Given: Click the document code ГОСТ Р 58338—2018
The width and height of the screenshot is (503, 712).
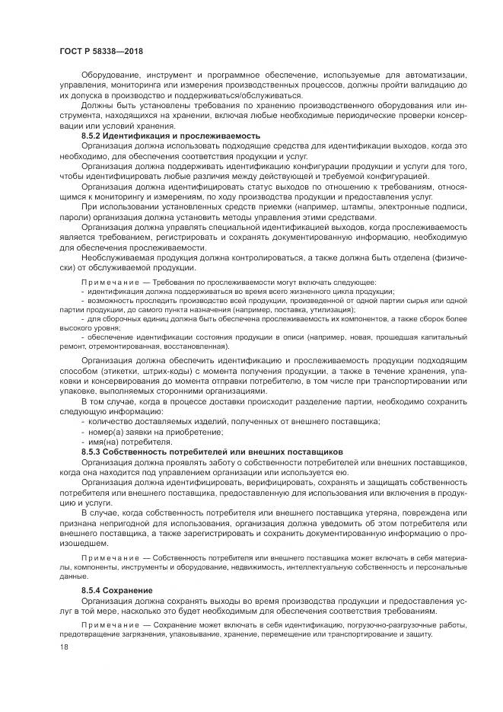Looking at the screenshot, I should coord(101,50).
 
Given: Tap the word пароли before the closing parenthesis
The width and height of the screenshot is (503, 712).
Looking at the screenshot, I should coord(75,216).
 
